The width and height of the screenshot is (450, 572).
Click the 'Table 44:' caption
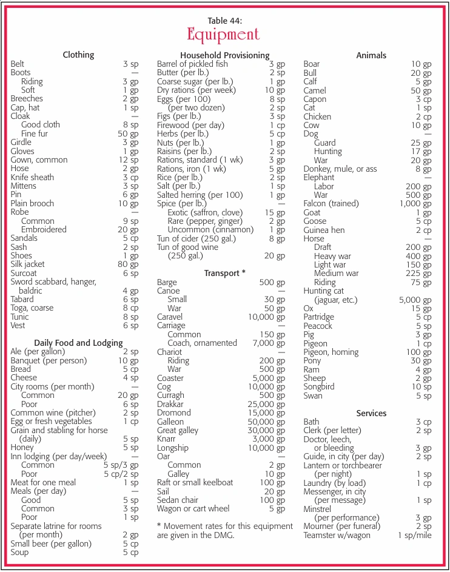coord(224,20)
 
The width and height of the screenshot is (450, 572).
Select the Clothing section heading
coord(78,55)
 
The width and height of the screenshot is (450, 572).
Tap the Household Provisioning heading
coord(224,55)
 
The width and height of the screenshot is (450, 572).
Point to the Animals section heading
coord(371,55)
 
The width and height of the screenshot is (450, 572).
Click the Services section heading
coord(371,413)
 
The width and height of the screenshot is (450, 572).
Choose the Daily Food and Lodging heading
coord(78,343)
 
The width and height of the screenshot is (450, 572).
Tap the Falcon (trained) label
coord(331,203)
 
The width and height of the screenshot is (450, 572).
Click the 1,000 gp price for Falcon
coord(415,204)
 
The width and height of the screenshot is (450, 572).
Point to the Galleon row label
coord(170,422)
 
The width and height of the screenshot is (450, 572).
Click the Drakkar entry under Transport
coord(170,404)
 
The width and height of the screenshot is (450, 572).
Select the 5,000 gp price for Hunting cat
coord(415,300)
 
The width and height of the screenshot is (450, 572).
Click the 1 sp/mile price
coord(414,536)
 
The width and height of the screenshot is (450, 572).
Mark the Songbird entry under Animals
coord(319,387)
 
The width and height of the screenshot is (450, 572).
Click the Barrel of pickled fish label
coord(192,64)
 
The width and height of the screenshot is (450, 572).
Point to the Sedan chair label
coord(177,500)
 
